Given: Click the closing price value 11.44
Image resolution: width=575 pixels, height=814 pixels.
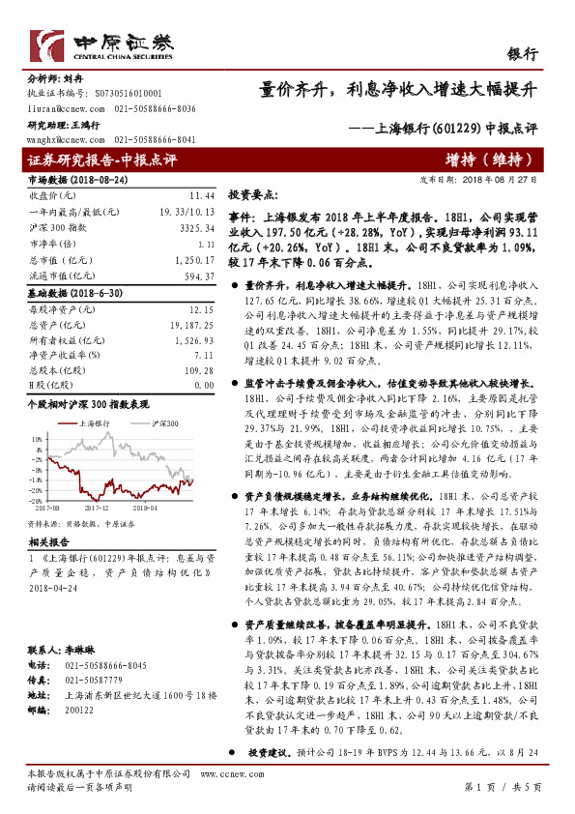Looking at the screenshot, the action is (201, 195).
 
